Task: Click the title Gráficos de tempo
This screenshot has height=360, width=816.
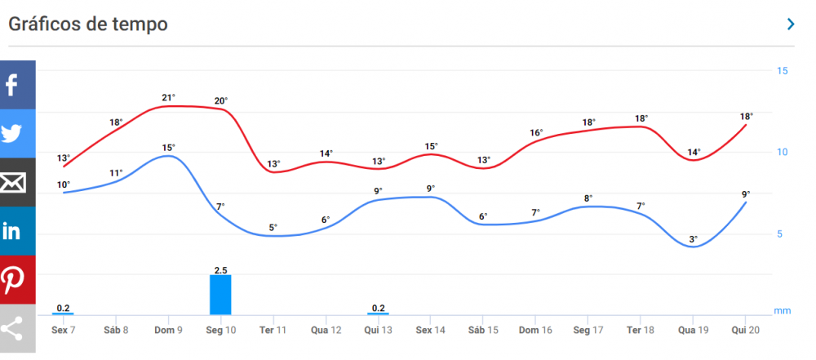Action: point(88,24)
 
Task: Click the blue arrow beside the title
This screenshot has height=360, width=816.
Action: point(790,24)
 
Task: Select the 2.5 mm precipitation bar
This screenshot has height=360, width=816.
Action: point(220,295)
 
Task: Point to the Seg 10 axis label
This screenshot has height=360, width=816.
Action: point(220,329)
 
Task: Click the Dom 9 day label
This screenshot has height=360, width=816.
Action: point(168,329)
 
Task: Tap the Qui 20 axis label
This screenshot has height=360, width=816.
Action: point(746,329)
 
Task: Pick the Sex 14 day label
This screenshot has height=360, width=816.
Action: point(430,329)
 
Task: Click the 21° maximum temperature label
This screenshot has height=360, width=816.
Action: point(168,98)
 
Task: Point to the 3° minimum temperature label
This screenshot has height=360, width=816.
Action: point(694,239)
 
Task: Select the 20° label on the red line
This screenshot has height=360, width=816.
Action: point(220,101)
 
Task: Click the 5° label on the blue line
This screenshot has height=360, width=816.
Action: point(273,227)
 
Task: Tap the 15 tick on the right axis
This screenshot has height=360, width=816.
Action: point(782,71)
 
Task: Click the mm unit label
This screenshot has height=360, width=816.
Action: point(782,311)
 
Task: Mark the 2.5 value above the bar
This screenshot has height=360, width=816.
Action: point(220,269)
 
